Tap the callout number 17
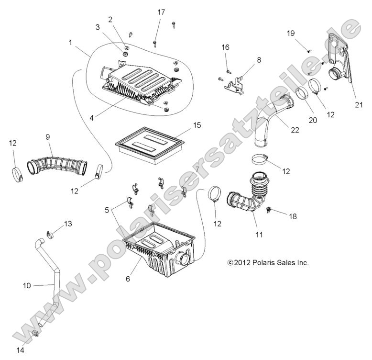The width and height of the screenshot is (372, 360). click(x=161, y=12)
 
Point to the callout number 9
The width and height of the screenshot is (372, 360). click(x=48, y=137)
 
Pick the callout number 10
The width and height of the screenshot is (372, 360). click(x=27, y=285)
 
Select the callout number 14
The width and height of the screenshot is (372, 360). click(x=20, y=350)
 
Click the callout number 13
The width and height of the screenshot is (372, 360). click(x=68, y=224)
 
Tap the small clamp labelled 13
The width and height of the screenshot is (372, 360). click(x=50, y=234)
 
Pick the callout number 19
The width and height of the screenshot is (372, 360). click(x=291, y=34)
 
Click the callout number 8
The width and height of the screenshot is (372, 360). click(x=259, y=60)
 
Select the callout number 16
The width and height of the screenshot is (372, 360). click(x=225, y=47)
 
